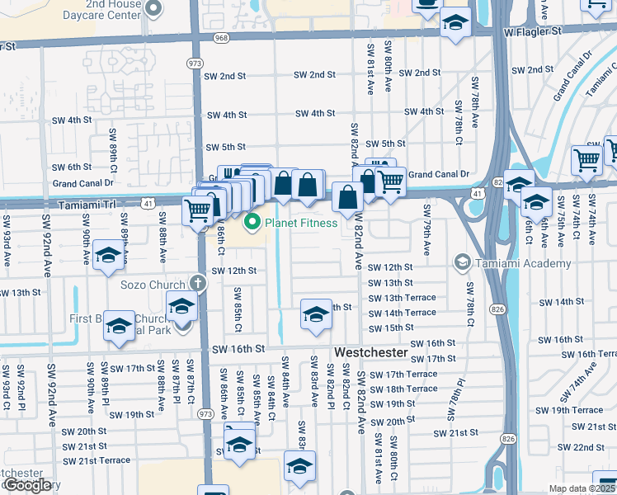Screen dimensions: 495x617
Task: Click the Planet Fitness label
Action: (301, 223)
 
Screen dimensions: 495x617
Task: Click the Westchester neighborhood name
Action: (370, 352)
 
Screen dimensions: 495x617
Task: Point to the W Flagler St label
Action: (532, 31)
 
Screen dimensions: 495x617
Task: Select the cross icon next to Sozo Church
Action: (197, 283)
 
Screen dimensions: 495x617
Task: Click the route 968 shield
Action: (221, 37)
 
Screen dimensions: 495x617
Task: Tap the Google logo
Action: (27, 485)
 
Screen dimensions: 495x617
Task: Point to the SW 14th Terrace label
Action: (402, 313)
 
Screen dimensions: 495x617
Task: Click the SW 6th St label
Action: (71, 167)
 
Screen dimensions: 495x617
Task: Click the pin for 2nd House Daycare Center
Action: (153, 10)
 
